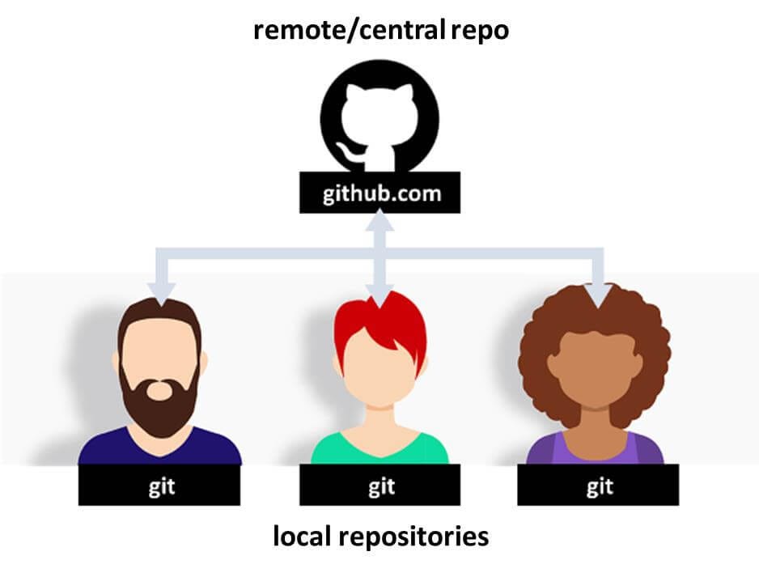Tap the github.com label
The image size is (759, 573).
pyautogui.click(x=379, y=194)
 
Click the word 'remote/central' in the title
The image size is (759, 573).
pyautogui.click(x=349, y=31)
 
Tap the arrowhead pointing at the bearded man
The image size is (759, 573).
pyautogui.click(x=163, y=294)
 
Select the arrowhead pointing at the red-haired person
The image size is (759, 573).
pyautogui.click(x=380, y=294)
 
